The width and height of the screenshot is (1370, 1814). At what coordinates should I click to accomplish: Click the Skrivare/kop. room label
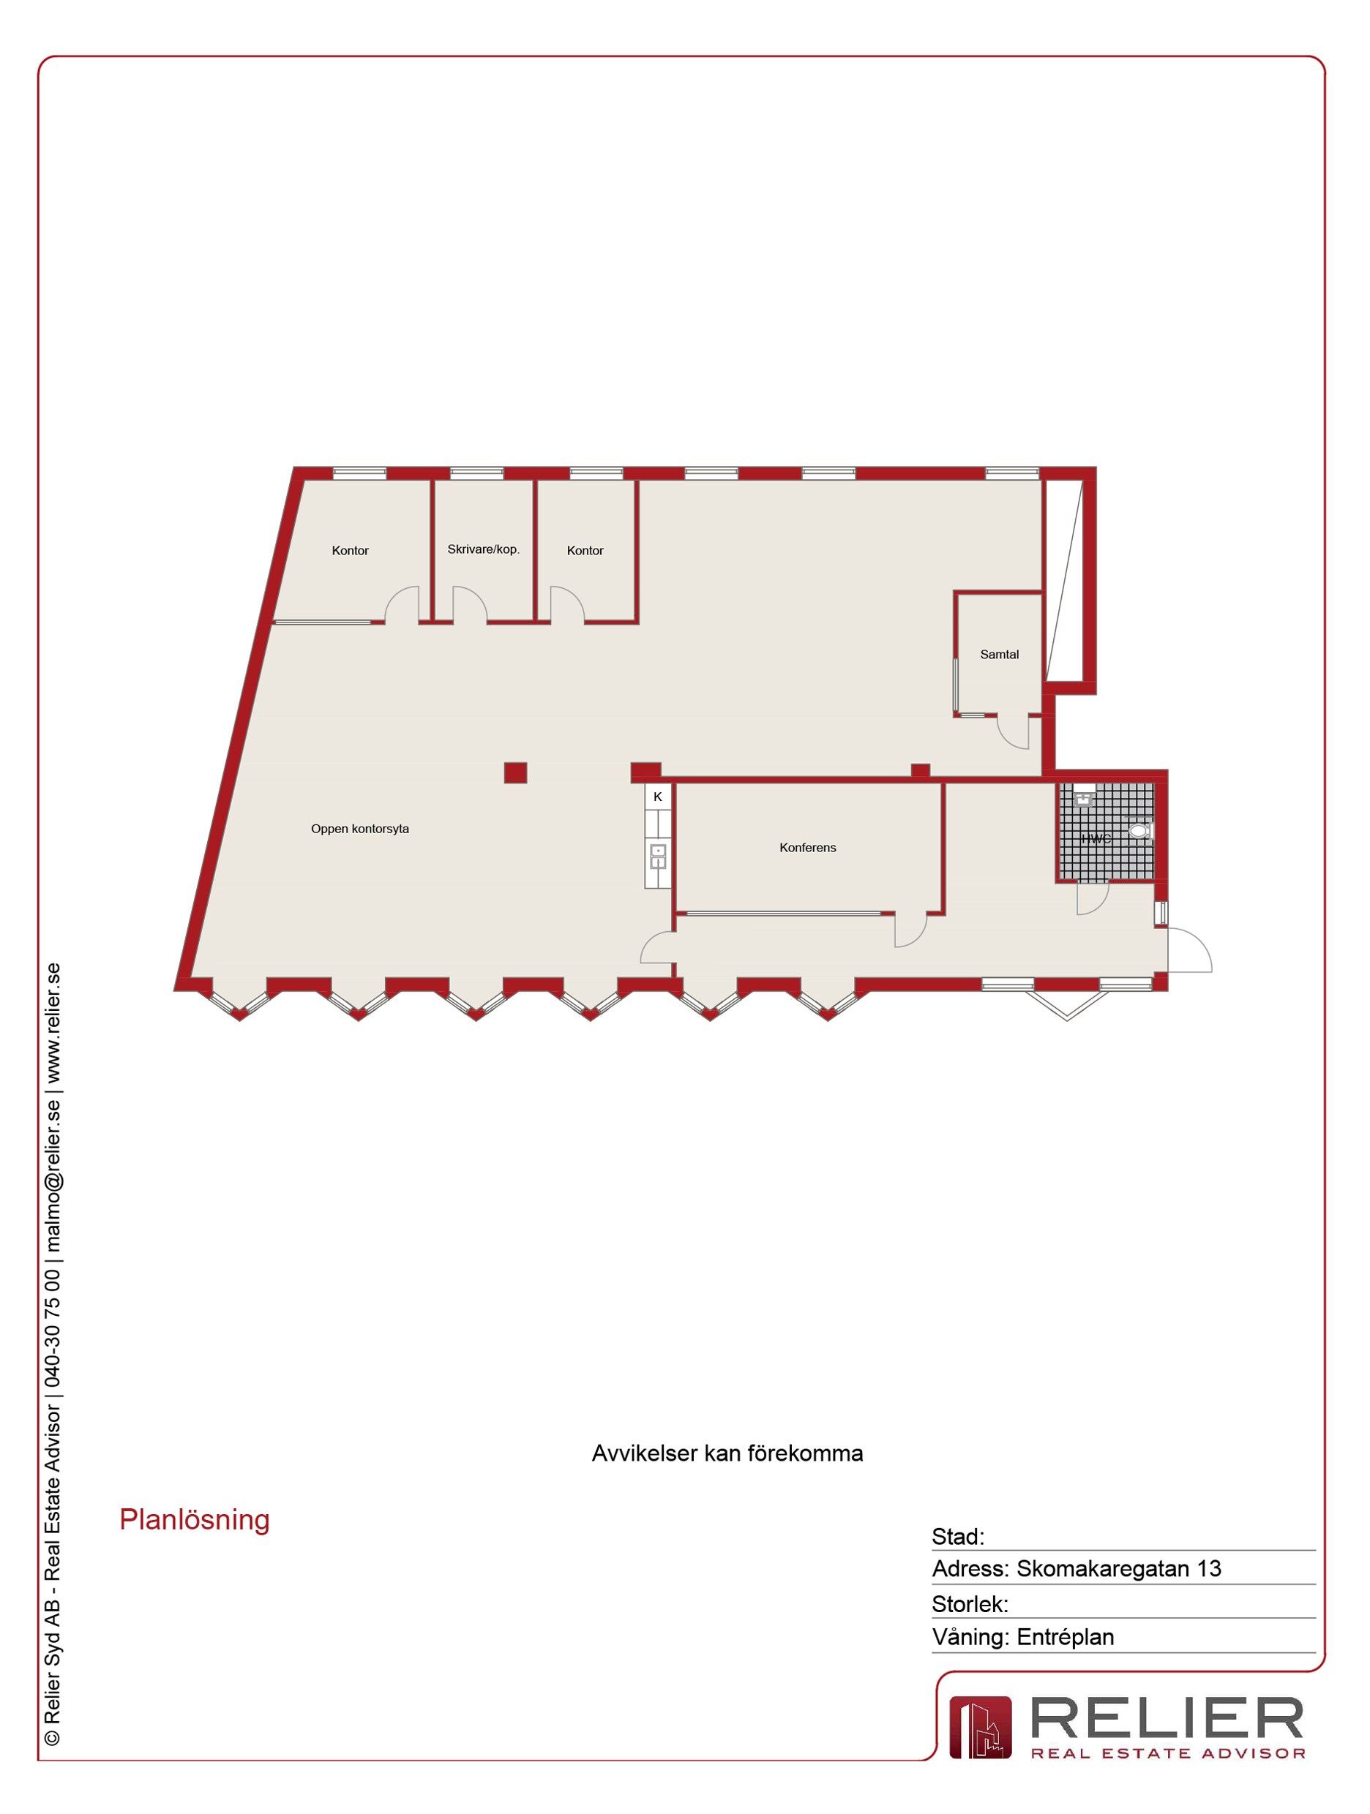tap(483, 549)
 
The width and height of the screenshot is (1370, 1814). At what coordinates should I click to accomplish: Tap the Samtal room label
tap(999, 655)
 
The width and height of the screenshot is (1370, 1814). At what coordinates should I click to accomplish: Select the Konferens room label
tap(807, 847)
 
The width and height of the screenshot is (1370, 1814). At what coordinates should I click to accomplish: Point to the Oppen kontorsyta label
tap(359, 829)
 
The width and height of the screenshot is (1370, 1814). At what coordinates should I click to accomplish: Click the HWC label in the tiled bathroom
tap(1096, 838)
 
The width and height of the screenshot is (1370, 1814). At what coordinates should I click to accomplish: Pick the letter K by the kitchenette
tap(657, 797)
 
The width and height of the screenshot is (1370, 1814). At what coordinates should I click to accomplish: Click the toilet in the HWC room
tap(1140, 831)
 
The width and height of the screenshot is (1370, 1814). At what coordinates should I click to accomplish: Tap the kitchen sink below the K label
tap(658, 856)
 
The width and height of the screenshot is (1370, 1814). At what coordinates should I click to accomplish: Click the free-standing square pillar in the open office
tap(515, 772)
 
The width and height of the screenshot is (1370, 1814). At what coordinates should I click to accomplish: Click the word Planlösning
tap(195, 1520)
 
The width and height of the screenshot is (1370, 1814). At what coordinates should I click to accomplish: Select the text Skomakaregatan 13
tap(1119, 1568)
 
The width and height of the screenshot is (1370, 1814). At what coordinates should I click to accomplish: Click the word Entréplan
tap(1065, 1637)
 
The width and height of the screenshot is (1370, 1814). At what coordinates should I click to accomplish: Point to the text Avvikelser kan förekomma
tap(727, 1453)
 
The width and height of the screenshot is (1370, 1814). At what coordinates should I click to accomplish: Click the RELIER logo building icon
tap(981, 1728)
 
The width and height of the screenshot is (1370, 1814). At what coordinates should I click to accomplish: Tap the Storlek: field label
tap(970, 1603)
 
